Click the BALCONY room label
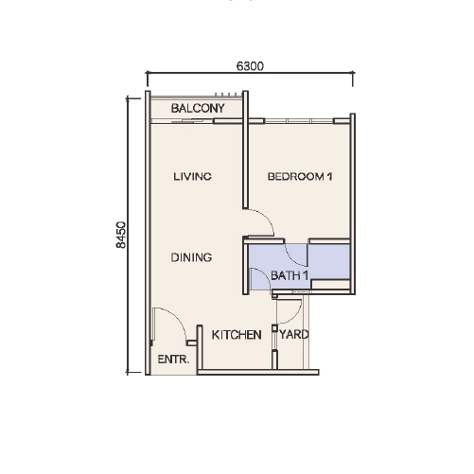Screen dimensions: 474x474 tap(198, 109)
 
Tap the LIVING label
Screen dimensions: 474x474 tap(192, 176)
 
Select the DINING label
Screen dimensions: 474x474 tap(191, 257)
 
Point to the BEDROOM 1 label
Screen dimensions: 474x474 tap(300, 176)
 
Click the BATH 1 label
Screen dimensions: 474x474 tap(290, 276)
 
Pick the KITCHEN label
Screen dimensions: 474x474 tap(237, 335)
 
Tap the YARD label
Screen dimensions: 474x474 tap(294, 334)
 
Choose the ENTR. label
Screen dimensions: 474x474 tap(173, 360)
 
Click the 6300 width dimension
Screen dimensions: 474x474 tap(250, 66)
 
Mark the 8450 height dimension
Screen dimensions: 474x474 tap(121, 235)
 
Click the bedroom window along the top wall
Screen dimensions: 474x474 tap(299, 121)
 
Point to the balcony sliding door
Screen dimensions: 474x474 tap(183, 121)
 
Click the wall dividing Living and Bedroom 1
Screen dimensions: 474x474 tap(245, 149)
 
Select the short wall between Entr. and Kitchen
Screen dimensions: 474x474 tap(200, 347)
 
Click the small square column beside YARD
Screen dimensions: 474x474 tap(274, 328)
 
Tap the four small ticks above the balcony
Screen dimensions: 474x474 tap(226, 95)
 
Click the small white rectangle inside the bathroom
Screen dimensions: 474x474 tap(330, 284)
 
